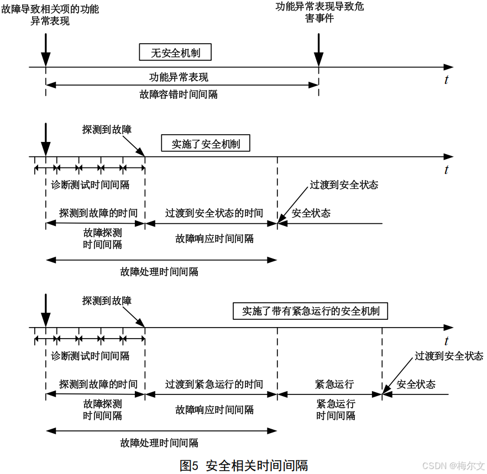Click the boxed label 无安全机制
click(175, 53)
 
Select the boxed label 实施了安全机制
click(206, 144)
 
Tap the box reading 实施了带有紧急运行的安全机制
click(311, 311)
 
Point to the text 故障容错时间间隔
click(179, 94)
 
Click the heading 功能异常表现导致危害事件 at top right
click(320, 13)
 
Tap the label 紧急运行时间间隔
click(336, 409)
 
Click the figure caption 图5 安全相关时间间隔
click(243, 465)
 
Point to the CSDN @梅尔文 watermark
click(452, 466)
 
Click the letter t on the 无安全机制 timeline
click(446, 80)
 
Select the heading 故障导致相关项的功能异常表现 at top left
click(50, 15)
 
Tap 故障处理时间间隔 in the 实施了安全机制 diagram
click(159, 272)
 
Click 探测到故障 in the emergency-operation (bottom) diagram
click(107, 301)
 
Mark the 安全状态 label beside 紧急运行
click(416, 385)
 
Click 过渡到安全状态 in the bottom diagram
click(449, 356)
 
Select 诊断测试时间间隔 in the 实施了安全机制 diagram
click(90, 185)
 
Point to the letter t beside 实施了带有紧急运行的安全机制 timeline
click(446, 341)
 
